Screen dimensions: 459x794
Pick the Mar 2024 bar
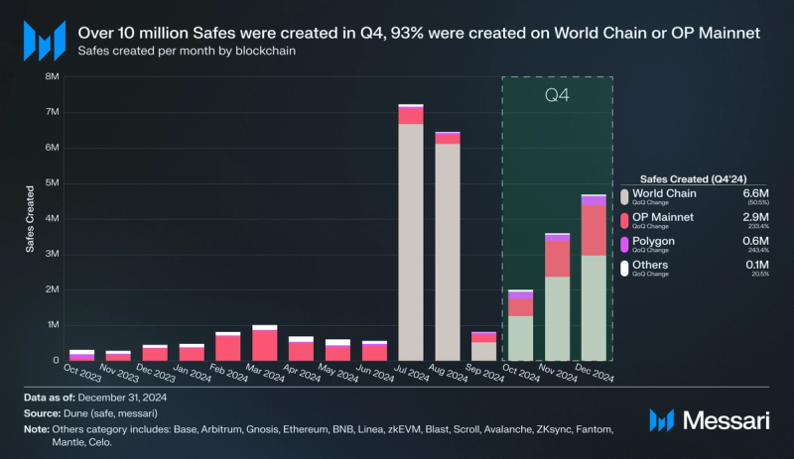(264, 343)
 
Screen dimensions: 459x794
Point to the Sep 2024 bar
(483, 347)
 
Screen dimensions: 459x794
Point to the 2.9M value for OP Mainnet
(755, 216)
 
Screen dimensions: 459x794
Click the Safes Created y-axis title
(30, 218)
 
